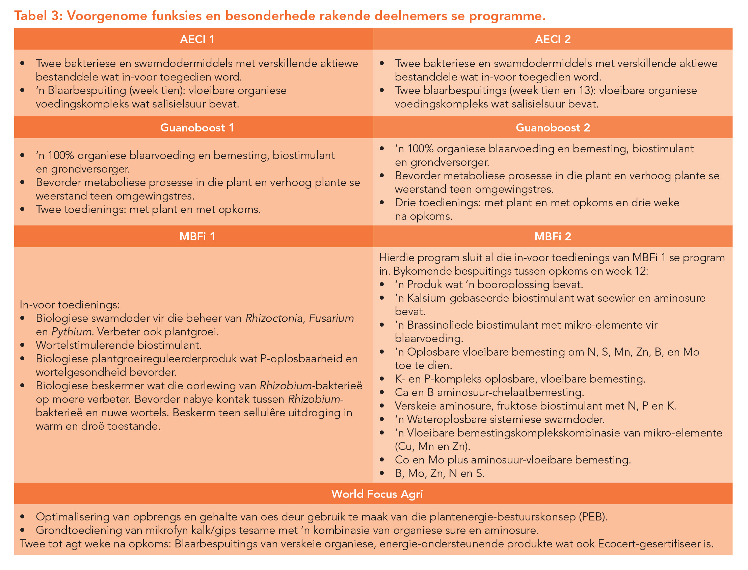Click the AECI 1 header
(197, 39)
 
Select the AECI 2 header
(552, 39)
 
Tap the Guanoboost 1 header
(197, 127)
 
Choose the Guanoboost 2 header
(552, 127)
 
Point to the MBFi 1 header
(197, 237)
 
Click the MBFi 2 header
(552, 237)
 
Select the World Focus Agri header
(377, 494)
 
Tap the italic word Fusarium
(331, 318)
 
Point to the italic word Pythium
(72, 331)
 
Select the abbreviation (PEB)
(593, 517)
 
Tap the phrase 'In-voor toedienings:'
(70, 305)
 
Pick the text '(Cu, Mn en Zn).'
(432, 446)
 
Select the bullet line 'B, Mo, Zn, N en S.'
(439, 473)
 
